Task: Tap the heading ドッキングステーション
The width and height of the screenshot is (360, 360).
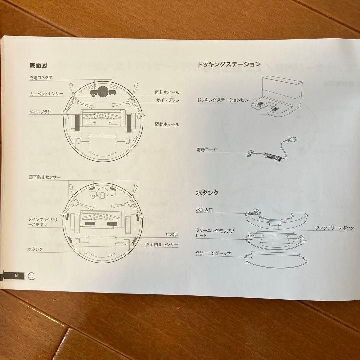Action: coord(229,64)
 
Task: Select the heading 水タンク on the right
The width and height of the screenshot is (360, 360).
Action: coord(208,193)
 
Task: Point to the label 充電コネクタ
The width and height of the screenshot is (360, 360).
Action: coord(41,78)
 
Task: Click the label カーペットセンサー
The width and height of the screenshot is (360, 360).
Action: coord(46,94)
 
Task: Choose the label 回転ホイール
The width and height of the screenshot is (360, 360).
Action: coord(167,92)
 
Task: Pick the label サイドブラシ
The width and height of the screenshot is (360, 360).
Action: coord(168,100)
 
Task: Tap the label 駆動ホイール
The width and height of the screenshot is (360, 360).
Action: coord(167,124)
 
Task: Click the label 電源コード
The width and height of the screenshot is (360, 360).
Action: coord(207,150)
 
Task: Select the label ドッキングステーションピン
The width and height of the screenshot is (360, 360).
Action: coord(223,100)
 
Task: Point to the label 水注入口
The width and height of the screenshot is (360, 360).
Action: coord(204,210)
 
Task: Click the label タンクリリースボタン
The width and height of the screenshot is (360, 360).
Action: coord(334,228)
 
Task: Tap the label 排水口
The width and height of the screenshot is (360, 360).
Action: coord(172,235)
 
